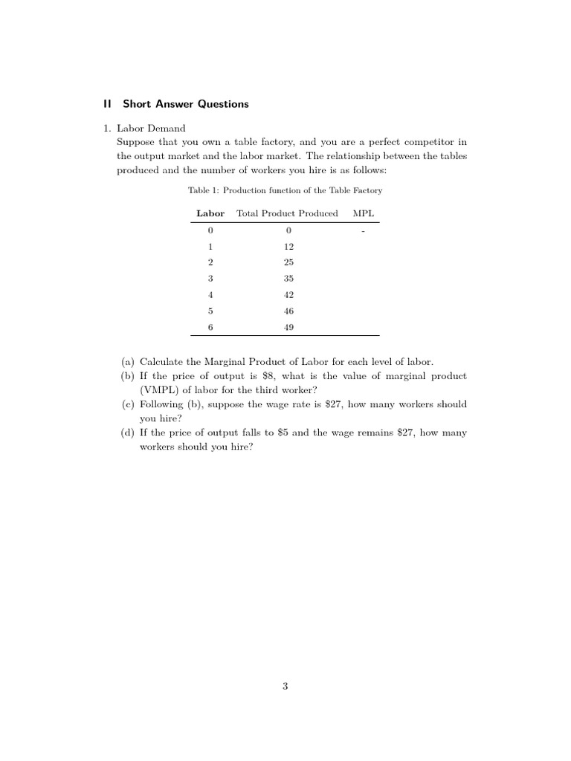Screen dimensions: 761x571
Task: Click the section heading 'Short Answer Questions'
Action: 186,104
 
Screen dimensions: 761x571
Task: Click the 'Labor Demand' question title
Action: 151,129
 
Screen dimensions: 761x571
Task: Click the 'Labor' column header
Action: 210,213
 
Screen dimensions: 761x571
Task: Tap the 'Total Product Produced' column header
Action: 287,213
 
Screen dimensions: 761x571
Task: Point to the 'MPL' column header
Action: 364,213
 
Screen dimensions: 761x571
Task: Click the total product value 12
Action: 288,246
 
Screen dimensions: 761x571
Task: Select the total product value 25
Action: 288,262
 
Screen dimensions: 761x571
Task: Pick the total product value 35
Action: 288,279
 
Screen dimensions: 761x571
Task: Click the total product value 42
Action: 288,294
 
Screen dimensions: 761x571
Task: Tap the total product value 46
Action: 288,311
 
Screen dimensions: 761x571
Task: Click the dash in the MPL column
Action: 364,231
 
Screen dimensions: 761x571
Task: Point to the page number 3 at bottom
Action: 285,687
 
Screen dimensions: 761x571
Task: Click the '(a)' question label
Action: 128,362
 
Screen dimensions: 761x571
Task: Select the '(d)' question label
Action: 128,433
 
